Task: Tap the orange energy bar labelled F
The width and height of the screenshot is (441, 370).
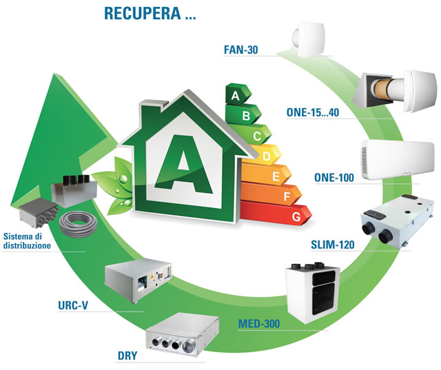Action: (284, 198)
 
